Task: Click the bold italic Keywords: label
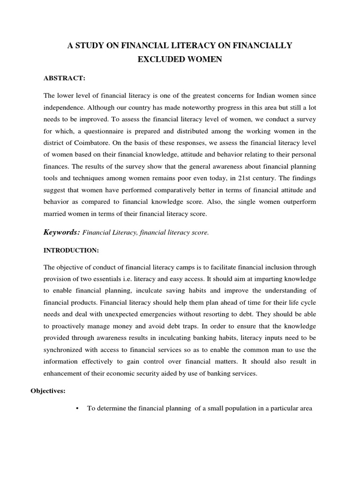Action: click(62, 232)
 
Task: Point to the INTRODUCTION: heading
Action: click(71, 251)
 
